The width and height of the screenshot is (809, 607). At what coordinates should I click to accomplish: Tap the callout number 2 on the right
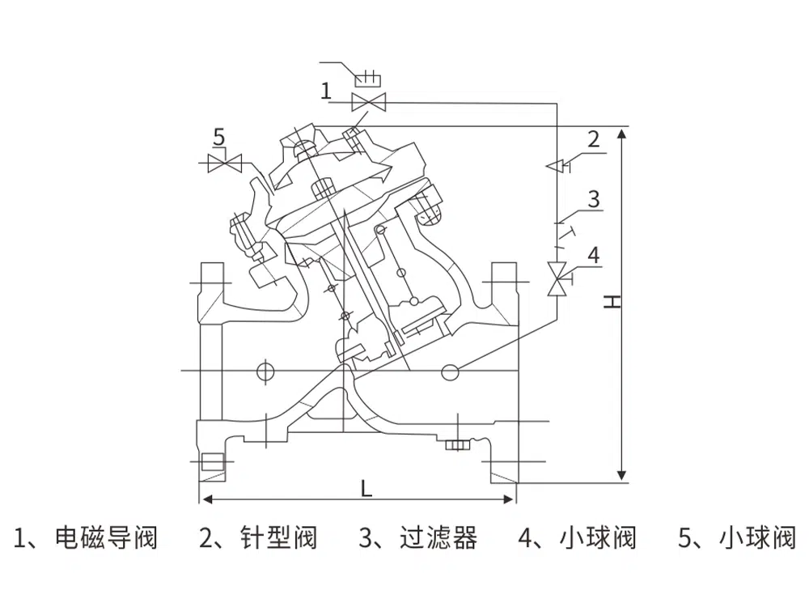593,138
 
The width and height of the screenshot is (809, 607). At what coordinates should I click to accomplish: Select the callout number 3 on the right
593,198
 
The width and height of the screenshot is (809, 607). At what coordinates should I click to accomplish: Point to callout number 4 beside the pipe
593,256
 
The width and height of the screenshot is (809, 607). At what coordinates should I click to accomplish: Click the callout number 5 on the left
218,137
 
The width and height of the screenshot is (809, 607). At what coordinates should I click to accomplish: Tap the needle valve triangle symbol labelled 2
556,165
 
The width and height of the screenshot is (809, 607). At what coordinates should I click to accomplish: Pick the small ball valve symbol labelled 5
226,163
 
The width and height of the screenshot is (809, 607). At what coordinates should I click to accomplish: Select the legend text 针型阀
278,537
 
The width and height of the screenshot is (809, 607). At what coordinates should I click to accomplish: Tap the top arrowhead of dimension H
622,132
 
